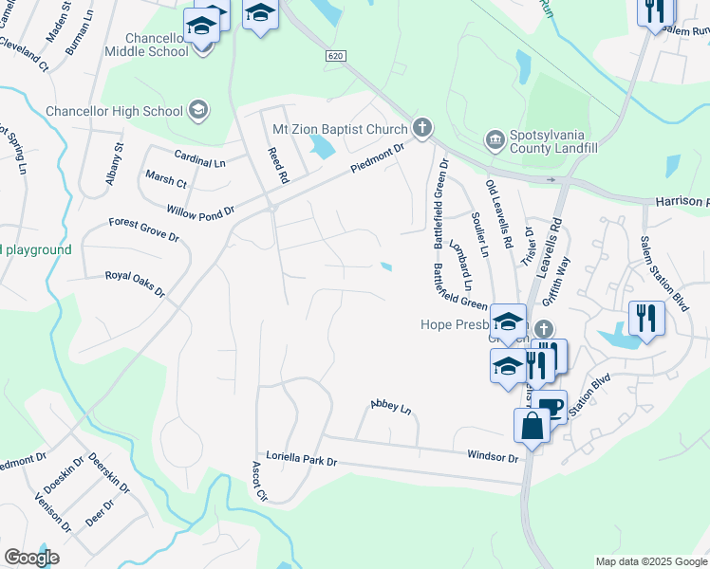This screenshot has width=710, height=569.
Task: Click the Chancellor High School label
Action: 114,111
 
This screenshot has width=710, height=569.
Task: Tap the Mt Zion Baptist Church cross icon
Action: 422,128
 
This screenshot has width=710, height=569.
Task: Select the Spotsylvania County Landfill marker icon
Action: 494,139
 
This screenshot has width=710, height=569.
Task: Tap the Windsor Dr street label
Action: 493,456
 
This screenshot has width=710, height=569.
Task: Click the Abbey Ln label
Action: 390,408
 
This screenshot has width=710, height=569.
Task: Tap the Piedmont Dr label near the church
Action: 377,156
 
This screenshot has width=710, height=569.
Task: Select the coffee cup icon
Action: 551,408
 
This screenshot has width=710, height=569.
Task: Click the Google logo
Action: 31,558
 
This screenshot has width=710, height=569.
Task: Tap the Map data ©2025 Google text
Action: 651,561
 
